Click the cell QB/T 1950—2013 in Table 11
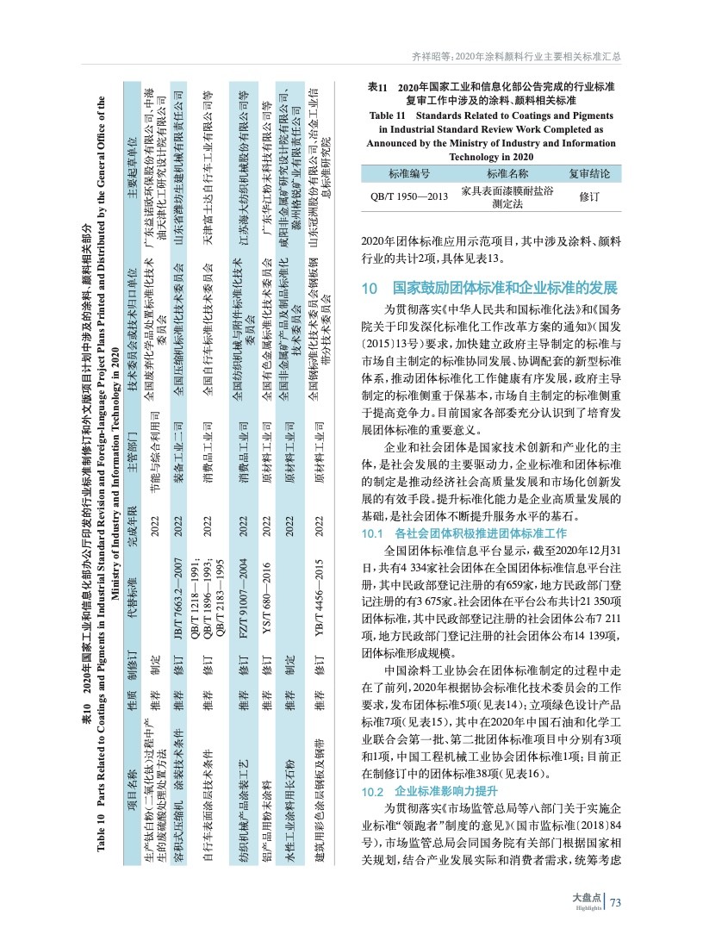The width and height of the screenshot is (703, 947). point(409,197)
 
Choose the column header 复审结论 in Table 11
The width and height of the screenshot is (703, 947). point(589,174)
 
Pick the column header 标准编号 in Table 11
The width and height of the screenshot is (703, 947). point(409,174)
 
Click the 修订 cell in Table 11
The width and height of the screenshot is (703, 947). point(589,197)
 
